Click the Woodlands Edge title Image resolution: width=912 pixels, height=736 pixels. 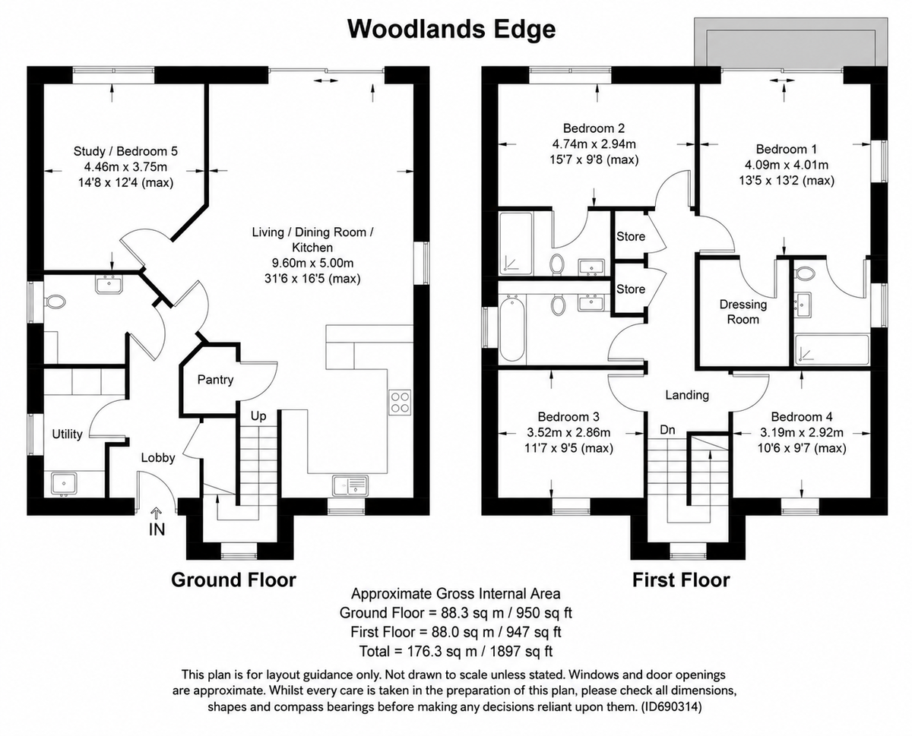pyautogui.click(x=451, y=30)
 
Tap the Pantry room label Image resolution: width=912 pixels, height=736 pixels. pyautogui.click(x=215, y=380)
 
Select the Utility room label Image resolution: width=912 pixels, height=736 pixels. pyautogui.click(x=67, y=434)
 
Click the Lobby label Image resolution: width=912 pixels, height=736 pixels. pyautogui.click(x=158, y=458)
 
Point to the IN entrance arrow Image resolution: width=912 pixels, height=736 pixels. pyautogui.click(x=157, y=513)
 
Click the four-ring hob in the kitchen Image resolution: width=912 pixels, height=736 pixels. pyautogui.click(x=400, y=403)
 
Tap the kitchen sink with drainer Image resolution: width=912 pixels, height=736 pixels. pyautogui.click(x=350, y=485)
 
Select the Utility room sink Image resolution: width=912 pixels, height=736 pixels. pyautogui.click(x=63, y=484)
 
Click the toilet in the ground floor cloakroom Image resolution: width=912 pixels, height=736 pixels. pyautogui.click(x=55, y=302)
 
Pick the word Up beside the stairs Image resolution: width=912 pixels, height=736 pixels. pyautogui.click(x=258, y=416)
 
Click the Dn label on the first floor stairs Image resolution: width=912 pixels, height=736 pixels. pyautogui.click(x=667, y=430)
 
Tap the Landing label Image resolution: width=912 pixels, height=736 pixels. pyautogui.click(x=687, y=395)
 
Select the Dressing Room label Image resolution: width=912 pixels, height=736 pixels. pyautogui.click(x=743, y=312)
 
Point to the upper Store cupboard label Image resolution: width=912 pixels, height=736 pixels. pyautogui.click(x=631, y=237)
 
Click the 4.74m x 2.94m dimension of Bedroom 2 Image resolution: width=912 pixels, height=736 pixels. pyautogui.click(x=594, y=144)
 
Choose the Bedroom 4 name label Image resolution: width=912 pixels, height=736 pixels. pyautogui.click(x=802, y=417)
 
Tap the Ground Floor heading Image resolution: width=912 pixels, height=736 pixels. pyautogui.click(x=234, y=580)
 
